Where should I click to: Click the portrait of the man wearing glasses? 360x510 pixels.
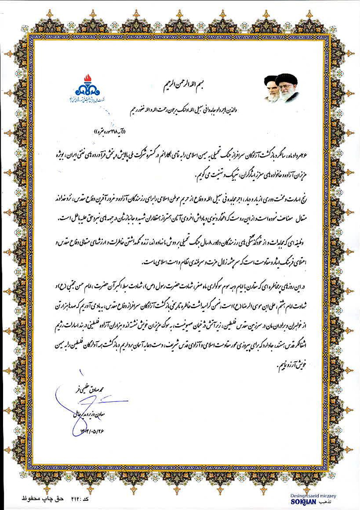[x=287, y=87]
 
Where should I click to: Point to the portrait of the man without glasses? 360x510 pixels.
[x=271, y=90]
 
